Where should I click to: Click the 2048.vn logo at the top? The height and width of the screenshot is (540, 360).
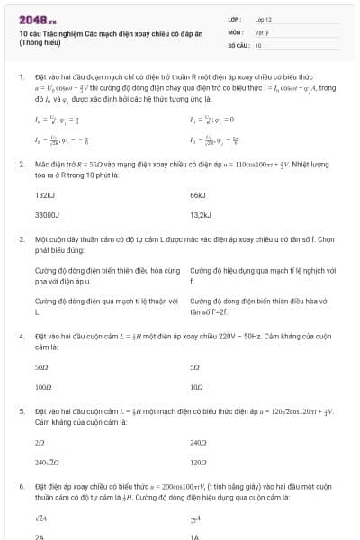click(37, 18)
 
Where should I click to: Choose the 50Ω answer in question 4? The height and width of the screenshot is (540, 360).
click(41, 367)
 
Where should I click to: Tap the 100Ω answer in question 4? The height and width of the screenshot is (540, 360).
click(43, 388)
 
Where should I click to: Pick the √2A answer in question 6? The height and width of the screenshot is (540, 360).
click(40, 518)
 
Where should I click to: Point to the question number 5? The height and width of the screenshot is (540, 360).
click(21, 411)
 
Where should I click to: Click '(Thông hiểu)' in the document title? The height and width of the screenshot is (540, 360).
click(42, 43)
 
